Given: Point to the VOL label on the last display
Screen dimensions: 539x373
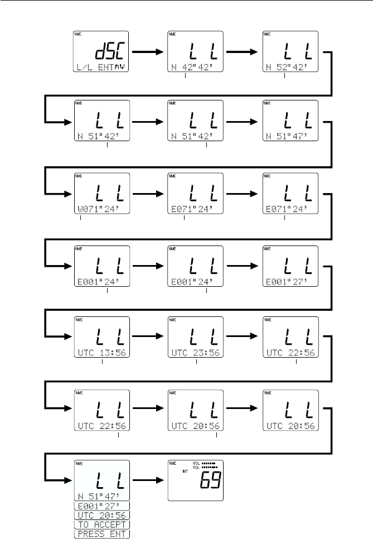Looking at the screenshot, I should click(x=196, y=463).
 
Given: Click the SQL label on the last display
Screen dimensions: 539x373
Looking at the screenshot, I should click(x=196, y=467).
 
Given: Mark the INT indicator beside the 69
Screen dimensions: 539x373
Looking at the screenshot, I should click(x=185, y=471).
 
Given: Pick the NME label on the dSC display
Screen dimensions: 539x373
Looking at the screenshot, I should click(x=79, y=35).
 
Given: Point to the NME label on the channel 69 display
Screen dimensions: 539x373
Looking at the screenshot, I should click(x=173, y=463).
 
